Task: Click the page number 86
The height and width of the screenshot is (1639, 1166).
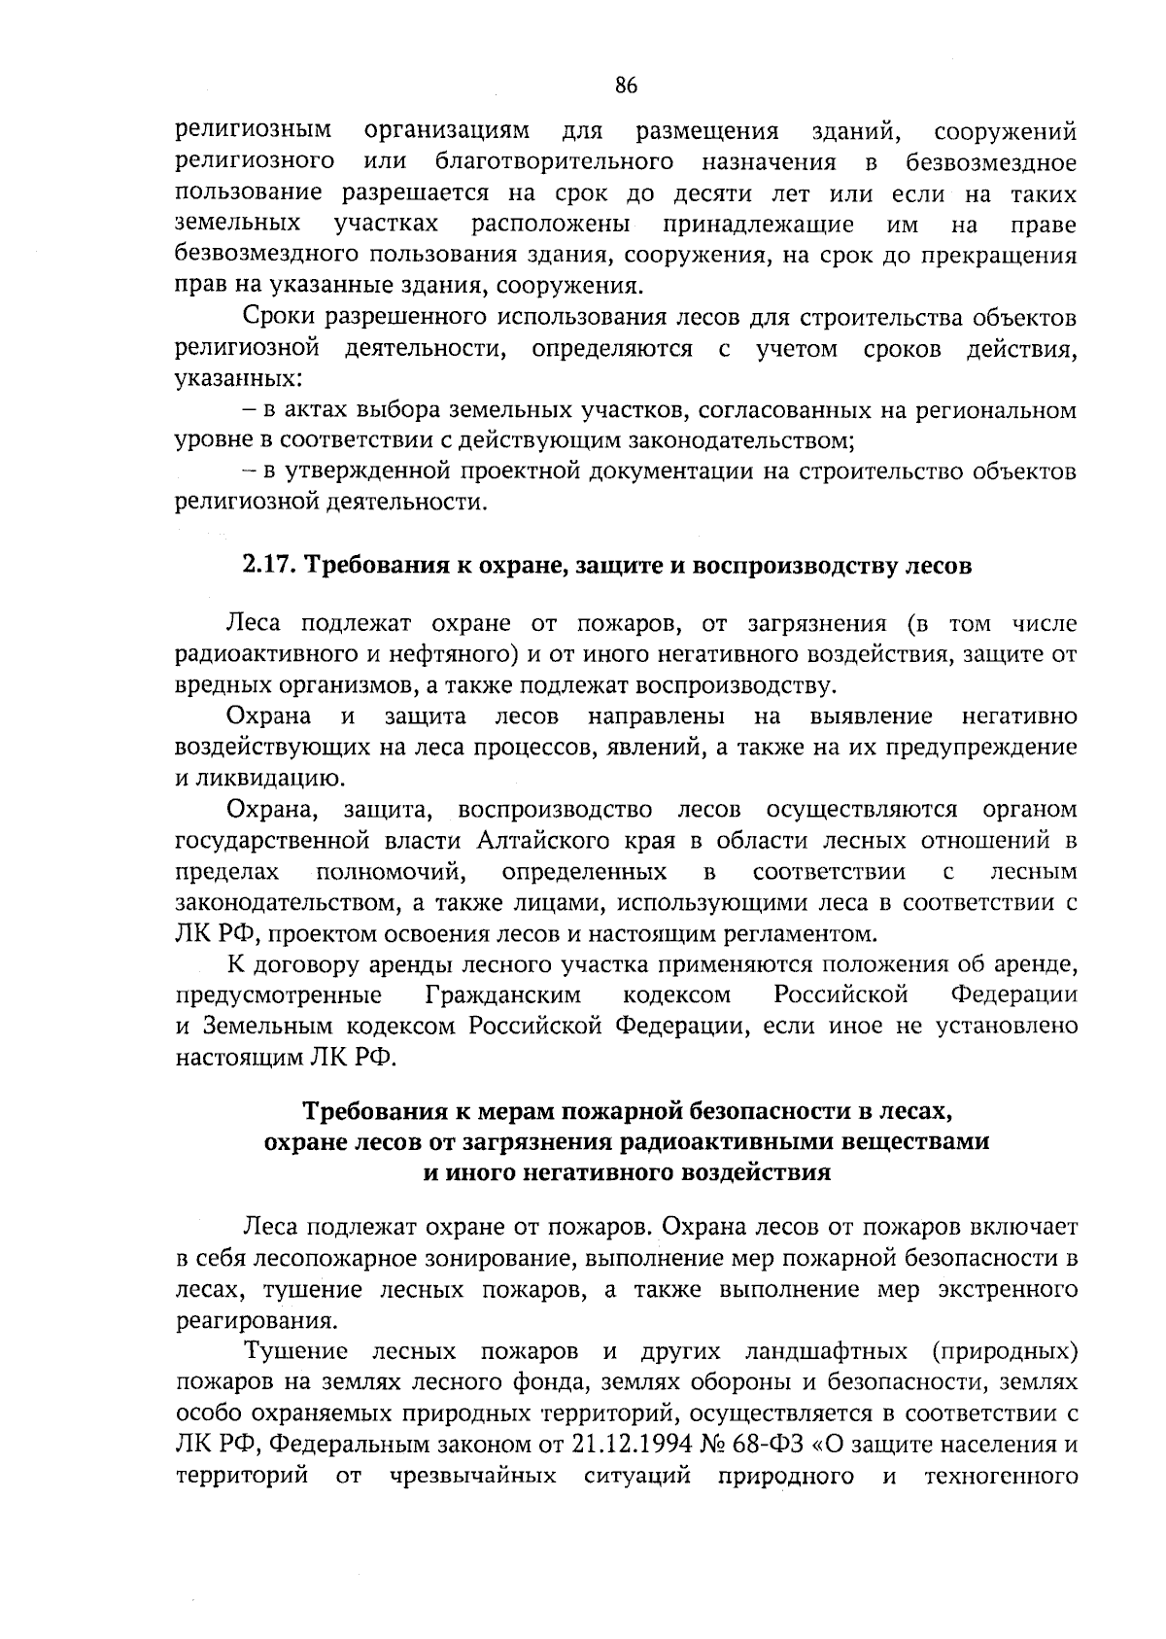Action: [626, 86]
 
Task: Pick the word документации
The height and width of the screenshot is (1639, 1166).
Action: [690, 472]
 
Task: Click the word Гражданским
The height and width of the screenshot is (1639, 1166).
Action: [503, 995]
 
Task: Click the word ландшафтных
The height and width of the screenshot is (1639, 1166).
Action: [825, 1351]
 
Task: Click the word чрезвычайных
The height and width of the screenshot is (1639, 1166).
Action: [473, 1476]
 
